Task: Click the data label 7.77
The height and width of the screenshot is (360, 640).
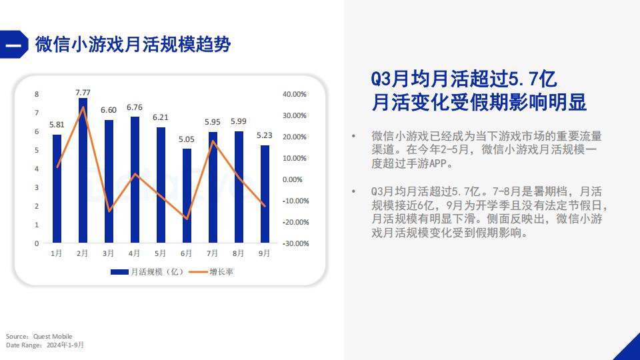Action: pos(83,92)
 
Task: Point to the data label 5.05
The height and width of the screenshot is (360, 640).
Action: pos(187,139)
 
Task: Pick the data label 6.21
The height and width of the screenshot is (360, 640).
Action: pos(161,117)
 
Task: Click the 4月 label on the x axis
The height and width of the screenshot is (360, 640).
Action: pos(135,253)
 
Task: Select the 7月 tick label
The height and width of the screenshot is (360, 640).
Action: pos(213,253)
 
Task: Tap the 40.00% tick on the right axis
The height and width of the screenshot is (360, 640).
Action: pos(295,95)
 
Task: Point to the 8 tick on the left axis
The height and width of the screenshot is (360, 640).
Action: pos(37,95)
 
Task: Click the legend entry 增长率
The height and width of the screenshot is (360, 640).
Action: pos(213,271)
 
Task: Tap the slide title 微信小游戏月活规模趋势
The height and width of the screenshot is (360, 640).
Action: pos(133,45)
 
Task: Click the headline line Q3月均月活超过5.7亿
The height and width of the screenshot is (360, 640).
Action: pos(464,79)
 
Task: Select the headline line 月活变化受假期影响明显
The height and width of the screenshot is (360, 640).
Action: pos(479,103)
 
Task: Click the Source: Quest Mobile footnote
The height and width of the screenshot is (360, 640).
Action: pos(39,336)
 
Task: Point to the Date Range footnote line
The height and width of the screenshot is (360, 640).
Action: pos(45,345)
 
